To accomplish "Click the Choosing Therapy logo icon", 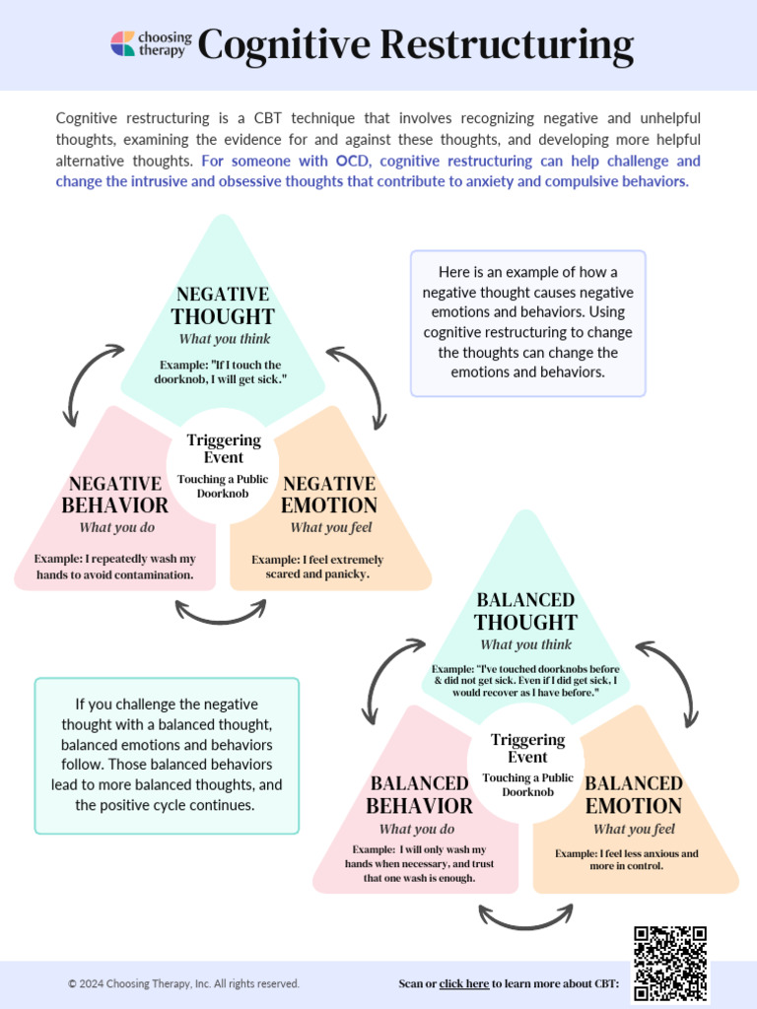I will (123, 44).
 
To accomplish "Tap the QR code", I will (670, 963).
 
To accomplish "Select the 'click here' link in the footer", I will (463, 983).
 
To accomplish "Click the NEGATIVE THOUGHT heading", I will (223, 305).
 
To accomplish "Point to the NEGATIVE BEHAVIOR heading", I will (115, 495).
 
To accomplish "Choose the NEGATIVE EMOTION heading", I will (329, 495).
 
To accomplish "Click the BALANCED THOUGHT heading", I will (525, 611).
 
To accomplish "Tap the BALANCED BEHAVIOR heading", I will (419, 794).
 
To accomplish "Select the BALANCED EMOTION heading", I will (634, 794).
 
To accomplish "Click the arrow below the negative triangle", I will (220, 613).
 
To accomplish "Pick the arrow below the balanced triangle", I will (524, 918).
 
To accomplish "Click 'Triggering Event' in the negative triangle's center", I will (224, 448).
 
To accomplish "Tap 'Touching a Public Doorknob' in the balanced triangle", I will (527, 784).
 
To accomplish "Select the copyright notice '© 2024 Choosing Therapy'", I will (183, 983).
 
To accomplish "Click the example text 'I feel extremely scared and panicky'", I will (317, 567).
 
